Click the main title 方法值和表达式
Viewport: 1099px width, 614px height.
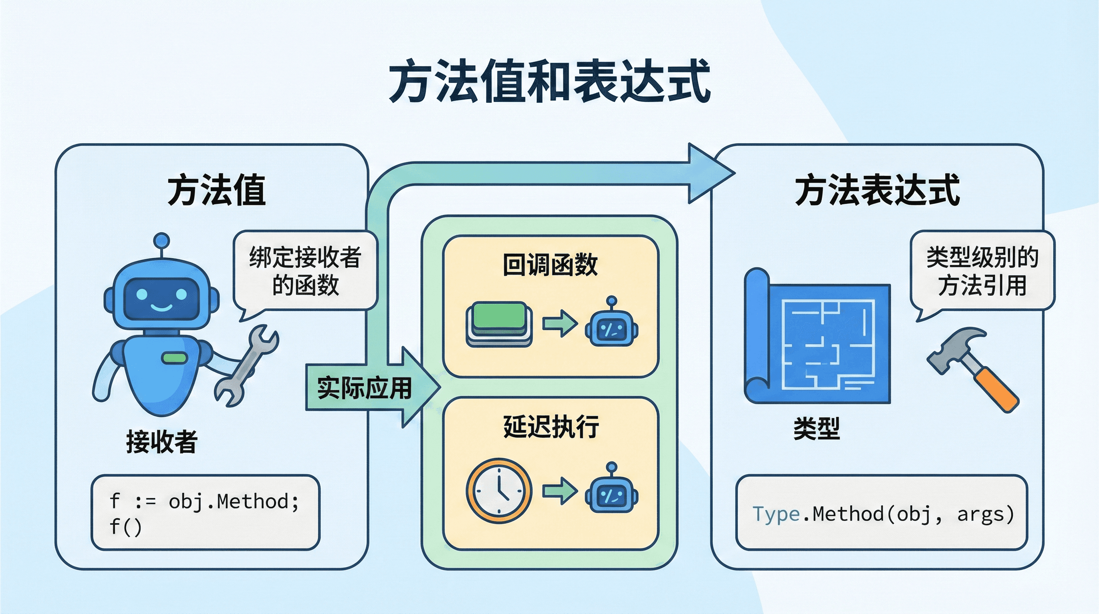(x=549, y=81)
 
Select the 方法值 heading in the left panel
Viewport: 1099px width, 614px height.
(x=216, y=190)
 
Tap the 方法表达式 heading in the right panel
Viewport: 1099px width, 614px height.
(x=877, y=190)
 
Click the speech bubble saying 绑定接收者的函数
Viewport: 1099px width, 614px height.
(x=305, y=271)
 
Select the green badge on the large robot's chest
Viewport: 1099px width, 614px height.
(x=175, y=358)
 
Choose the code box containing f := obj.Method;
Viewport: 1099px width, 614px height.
(x=205, y=512)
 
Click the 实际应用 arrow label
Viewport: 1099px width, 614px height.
(x=364, y=388)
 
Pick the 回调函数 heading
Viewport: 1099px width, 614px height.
(x=550, y=265)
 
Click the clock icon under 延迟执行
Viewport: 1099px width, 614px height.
(x=499, y=490)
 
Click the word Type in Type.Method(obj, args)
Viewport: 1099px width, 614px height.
(x=776, y=514)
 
